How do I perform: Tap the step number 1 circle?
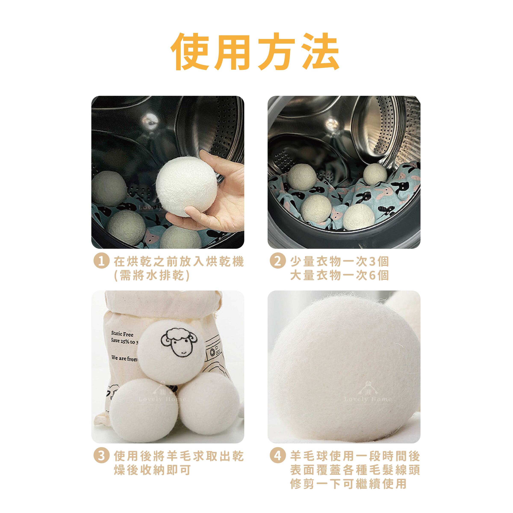(101, 262)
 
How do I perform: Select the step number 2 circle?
(277, 262)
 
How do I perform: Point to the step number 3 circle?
(101, 456)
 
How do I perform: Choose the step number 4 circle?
(277, 456)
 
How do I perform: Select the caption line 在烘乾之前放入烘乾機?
(178, 262)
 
